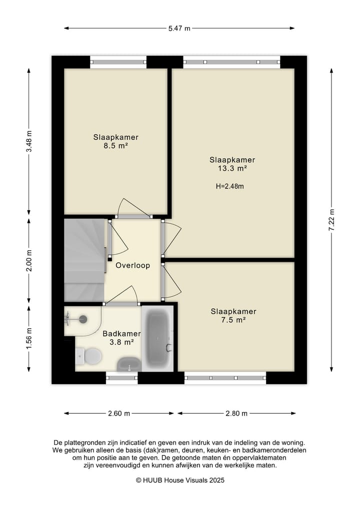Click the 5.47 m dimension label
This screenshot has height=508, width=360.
(179, 28)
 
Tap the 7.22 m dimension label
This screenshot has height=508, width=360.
(331, 220)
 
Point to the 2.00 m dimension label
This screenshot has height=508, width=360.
(29, 260)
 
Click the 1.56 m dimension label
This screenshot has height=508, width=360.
(29, 338)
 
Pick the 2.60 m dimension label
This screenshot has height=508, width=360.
(119, 413)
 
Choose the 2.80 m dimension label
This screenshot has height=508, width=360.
(236, 413)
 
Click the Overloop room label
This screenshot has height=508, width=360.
(132, 266)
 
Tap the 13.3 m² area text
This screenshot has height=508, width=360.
(232, 168)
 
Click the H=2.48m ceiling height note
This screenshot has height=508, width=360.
(230, 186)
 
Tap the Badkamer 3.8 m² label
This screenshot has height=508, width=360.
(121, 338)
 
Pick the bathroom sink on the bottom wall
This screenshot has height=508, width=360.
(128, 365)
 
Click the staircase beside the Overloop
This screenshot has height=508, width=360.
(83, 260)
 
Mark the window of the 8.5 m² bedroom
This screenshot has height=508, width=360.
(118, 62)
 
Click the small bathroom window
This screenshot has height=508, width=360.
(121, 378)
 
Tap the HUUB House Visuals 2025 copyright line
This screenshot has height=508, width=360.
(180, 480)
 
